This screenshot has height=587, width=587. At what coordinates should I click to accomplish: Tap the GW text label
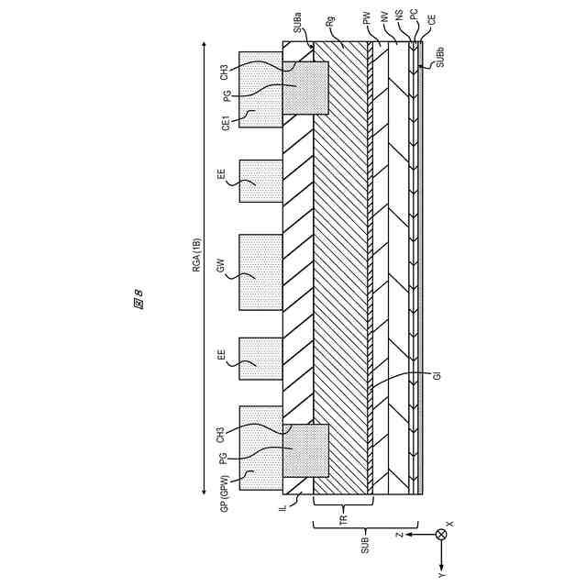coord(221,268)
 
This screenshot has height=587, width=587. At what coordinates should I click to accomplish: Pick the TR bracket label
coord(343,519)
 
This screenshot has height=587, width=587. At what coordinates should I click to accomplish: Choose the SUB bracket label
coord(365,544)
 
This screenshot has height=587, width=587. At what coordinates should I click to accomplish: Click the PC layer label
coord(415,17)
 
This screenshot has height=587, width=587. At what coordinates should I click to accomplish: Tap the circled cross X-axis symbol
coord(441,534)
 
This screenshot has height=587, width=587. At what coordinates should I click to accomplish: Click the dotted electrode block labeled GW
coord(260,272)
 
